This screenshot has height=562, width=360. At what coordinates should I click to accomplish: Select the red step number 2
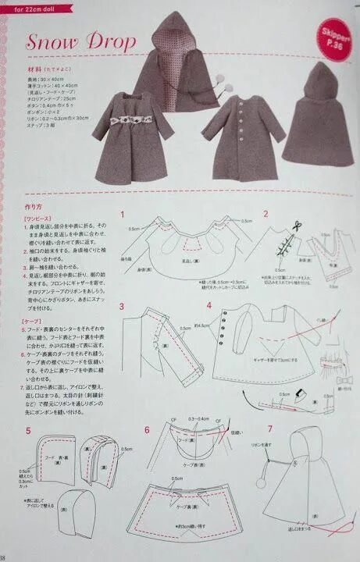(266, 213)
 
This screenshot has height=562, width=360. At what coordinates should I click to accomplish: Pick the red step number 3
(123, 305)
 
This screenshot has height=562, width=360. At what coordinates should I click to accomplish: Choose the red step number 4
(209, 305)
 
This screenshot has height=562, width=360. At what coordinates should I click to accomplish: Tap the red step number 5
(28, 430)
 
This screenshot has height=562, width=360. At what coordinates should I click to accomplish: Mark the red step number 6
(146, 430)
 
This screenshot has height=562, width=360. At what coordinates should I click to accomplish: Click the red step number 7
(269, 429)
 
